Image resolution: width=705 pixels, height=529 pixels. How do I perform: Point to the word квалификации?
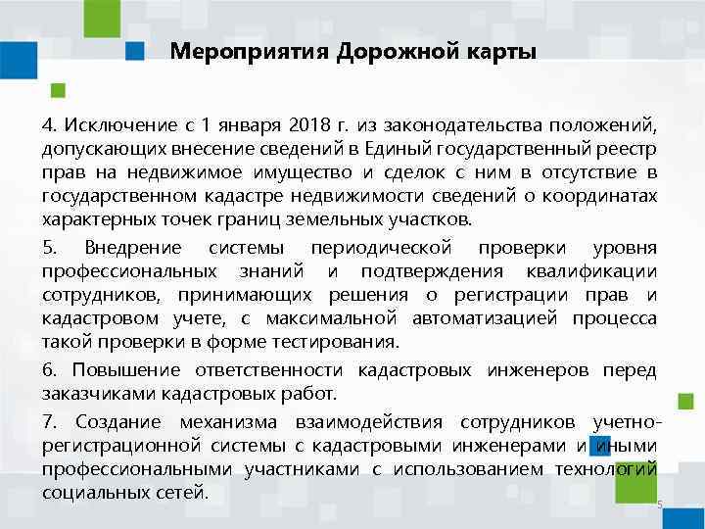[x=593, y=269]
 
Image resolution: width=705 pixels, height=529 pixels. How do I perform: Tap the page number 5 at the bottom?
[x=660, y=505]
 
